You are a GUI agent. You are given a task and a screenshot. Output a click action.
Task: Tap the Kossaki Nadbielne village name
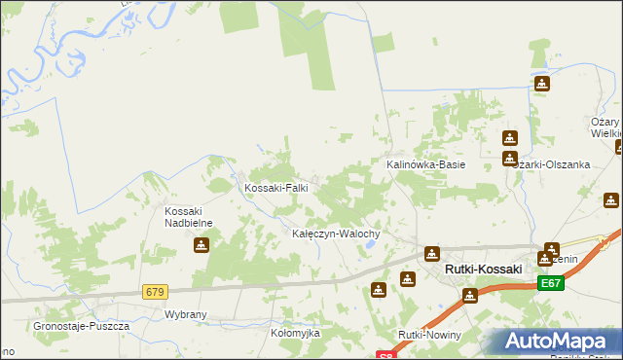tap(195, 217)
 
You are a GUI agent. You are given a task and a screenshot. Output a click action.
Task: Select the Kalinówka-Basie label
tap(426, 164)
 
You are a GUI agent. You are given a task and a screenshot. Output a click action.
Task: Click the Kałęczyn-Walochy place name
tap(342, 234)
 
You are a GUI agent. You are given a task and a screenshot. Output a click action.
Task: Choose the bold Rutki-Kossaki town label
tap(483, 269)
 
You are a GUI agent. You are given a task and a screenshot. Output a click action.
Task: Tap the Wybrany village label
tap(186, 315)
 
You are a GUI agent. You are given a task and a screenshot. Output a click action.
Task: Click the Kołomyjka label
tap(295, 333)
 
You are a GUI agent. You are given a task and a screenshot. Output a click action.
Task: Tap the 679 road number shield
tap(155, 292)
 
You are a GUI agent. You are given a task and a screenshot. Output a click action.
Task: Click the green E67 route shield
tap(550, 283)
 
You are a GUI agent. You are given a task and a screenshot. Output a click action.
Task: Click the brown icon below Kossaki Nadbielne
tap(201, 245)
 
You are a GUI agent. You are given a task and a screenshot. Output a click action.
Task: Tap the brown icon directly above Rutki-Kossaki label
tap(430, 254)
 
